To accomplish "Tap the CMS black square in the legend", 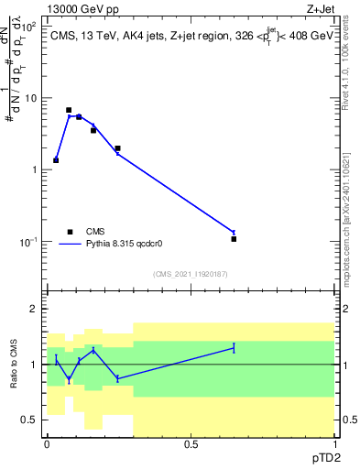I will click(69, 232).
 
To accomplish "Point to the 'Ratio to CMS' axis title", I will click(14, 364).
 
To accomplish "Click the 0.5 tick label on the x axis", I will click(191, 443).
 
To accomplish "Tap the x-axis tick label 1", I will click(334, 443).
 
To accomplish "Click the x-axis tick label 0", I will click(47, 443).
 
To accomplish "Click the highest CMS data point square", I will click(69, 110).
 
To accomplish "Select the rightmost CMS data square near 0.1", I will click(234, 239).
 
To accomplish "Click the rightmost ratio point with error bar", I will click(234, 347).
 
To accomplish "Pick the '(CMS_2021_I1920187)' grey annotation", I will click(191, 273).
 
